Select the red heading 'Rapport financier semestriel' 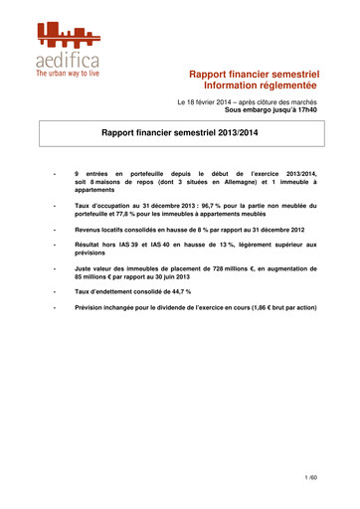254,74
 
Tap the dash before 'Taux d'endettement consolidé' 53,291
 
